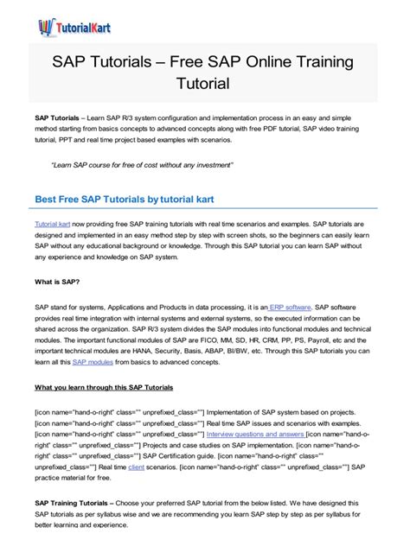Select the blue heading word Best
click(49, 199)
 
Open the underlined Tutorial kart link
click(52, 223)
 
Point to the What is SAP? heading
click(57, 282)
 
